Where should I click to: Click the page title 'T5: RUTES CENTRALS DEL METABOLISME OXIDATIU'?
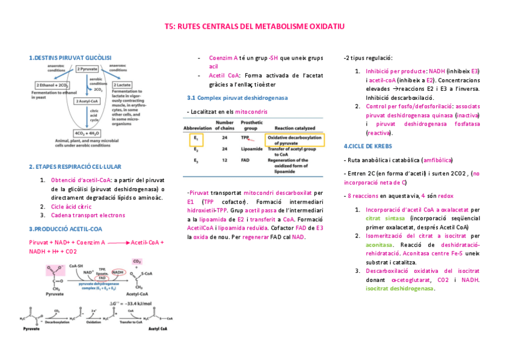[x=254, y=27]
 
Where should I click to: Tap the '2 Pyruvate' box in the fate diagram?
[x=88, y=69]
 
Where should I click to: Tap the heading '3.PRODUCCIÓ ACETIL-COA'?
[x=66, y=229]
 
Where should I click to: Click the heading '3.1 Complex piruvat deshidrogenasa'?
[x=237, y=97]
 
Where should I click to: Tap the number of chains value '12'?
[x=224, y=160]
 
